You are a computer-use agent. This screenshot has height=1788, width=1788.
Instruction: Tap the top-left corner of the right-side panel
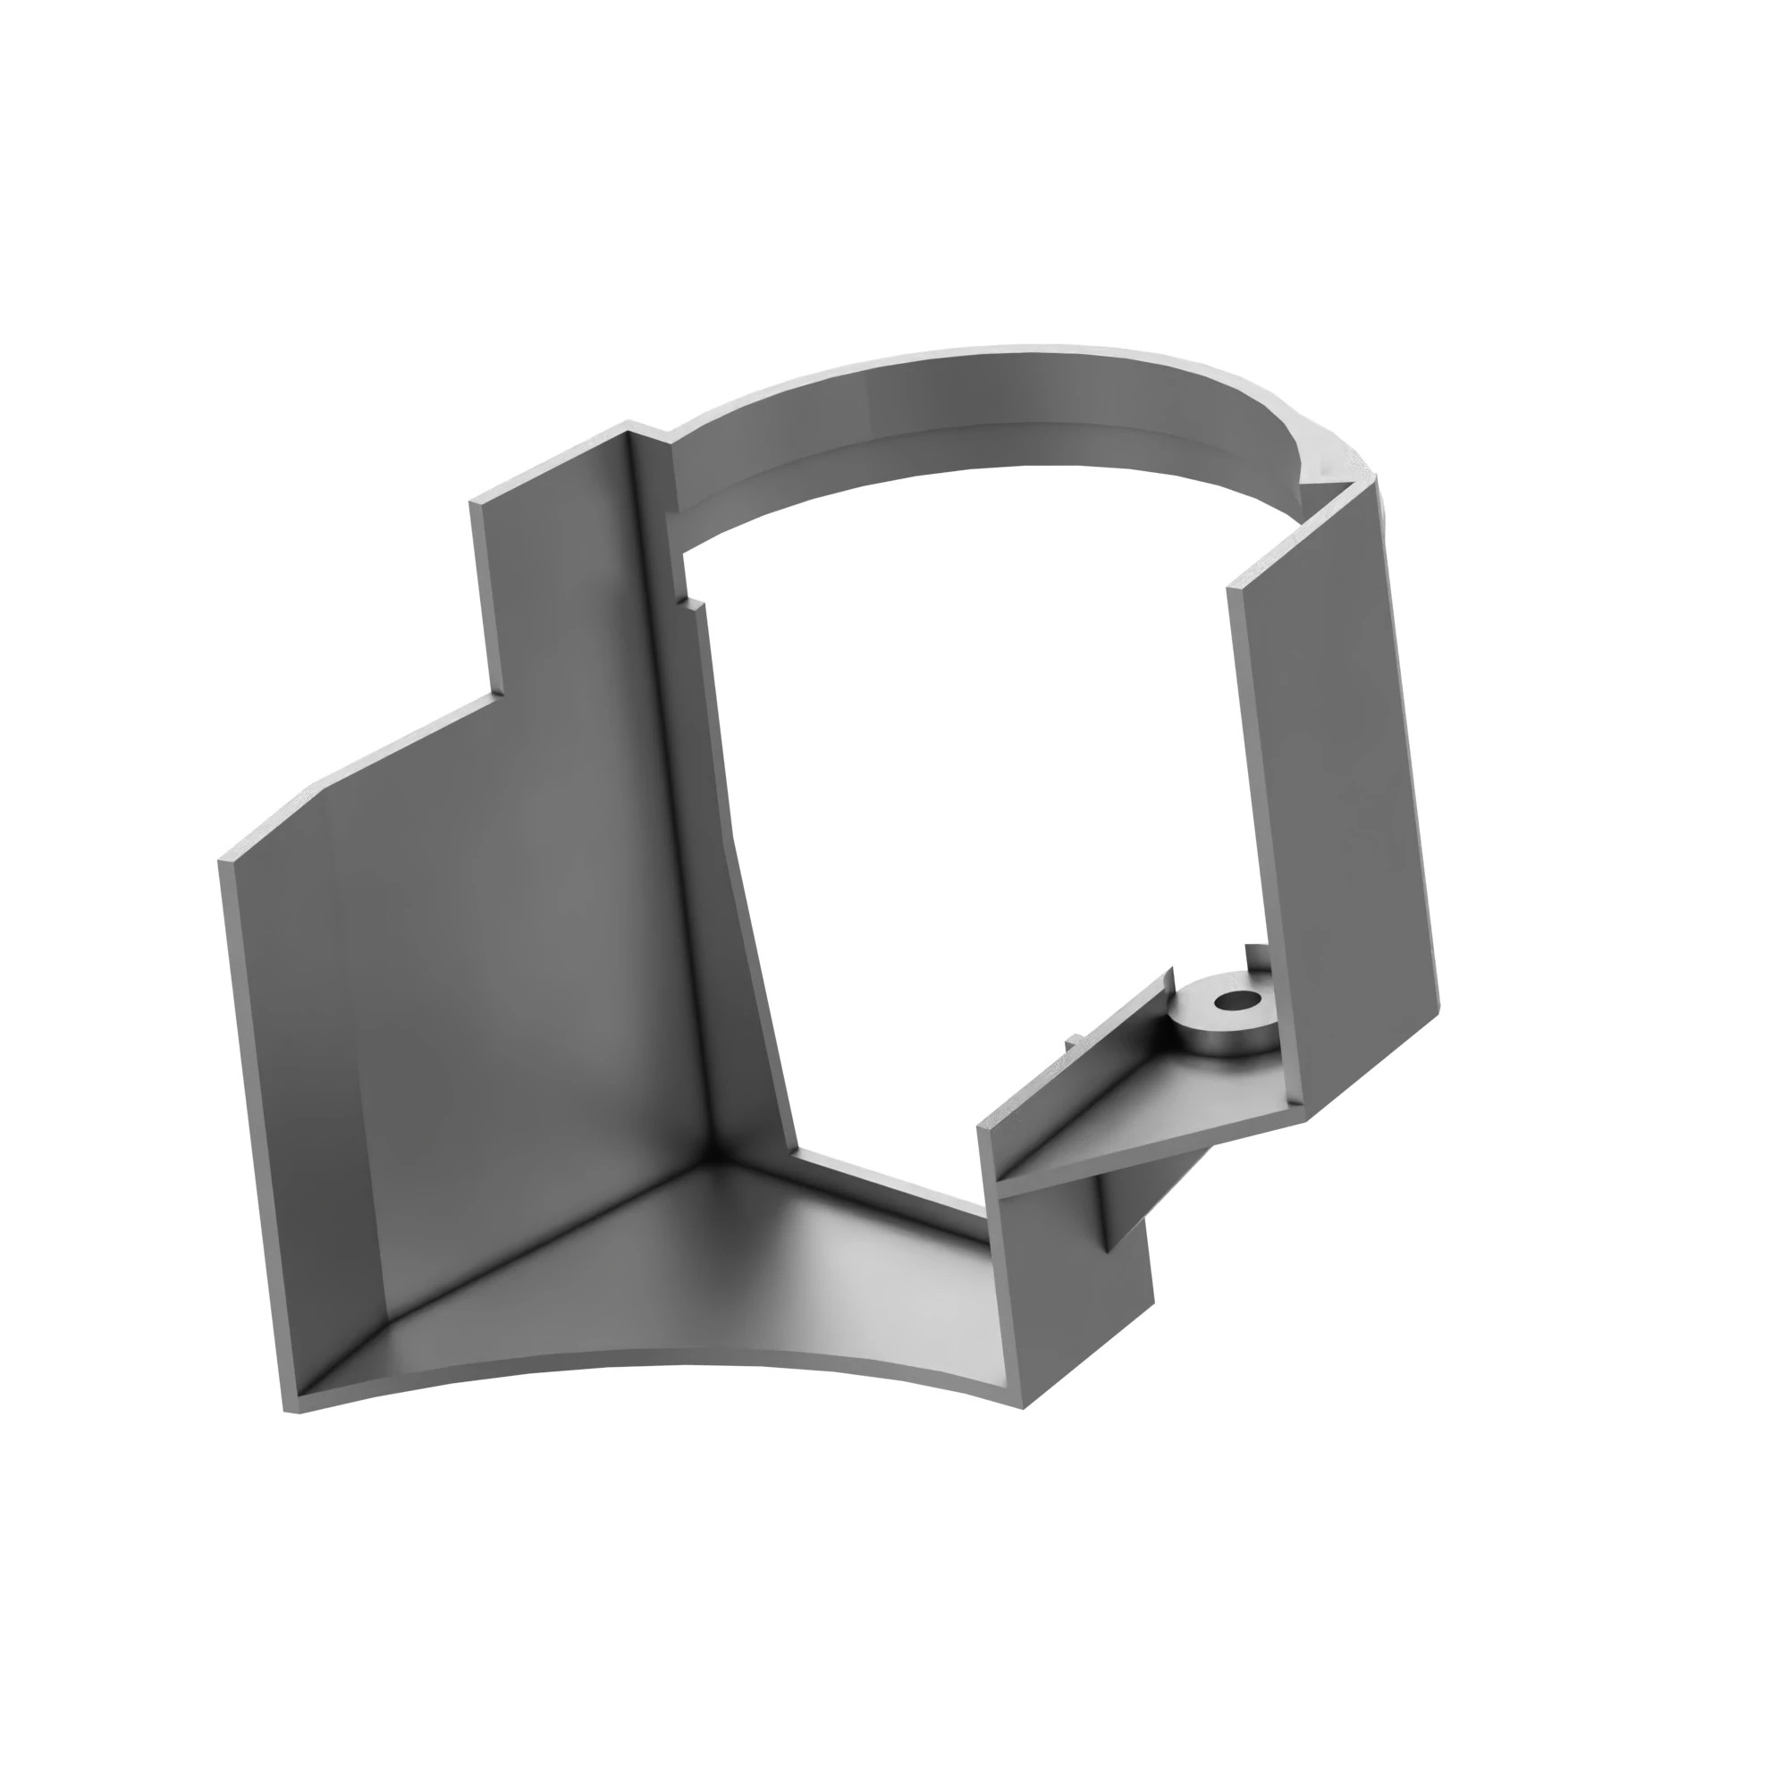coord(1231,586)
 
